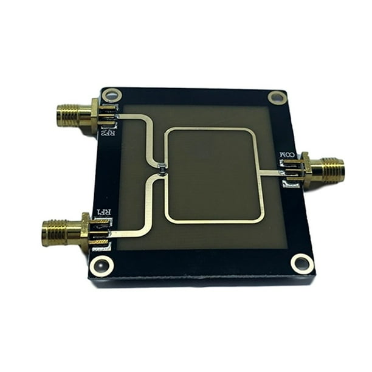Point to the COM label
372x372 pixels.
pyautogui.click(x=287, y=156)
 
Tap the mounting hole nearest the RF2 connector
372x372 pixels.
pyautogui.click(x=112, y=95)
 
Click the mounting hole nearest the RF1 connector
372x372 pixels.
pyautogui.click(x=101, y=265)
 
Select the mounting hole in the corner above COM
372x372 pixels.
pyautogui.click(x=275, y=97)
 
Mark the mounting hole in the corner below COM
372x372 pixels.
pyautogui.click(x=301, y=263)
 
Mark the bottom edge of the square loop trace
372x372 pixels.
pyautogui.click(x=213, y=221)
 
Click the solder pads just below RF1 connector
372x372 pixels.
pyautogui.click(x=102, y=246)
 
